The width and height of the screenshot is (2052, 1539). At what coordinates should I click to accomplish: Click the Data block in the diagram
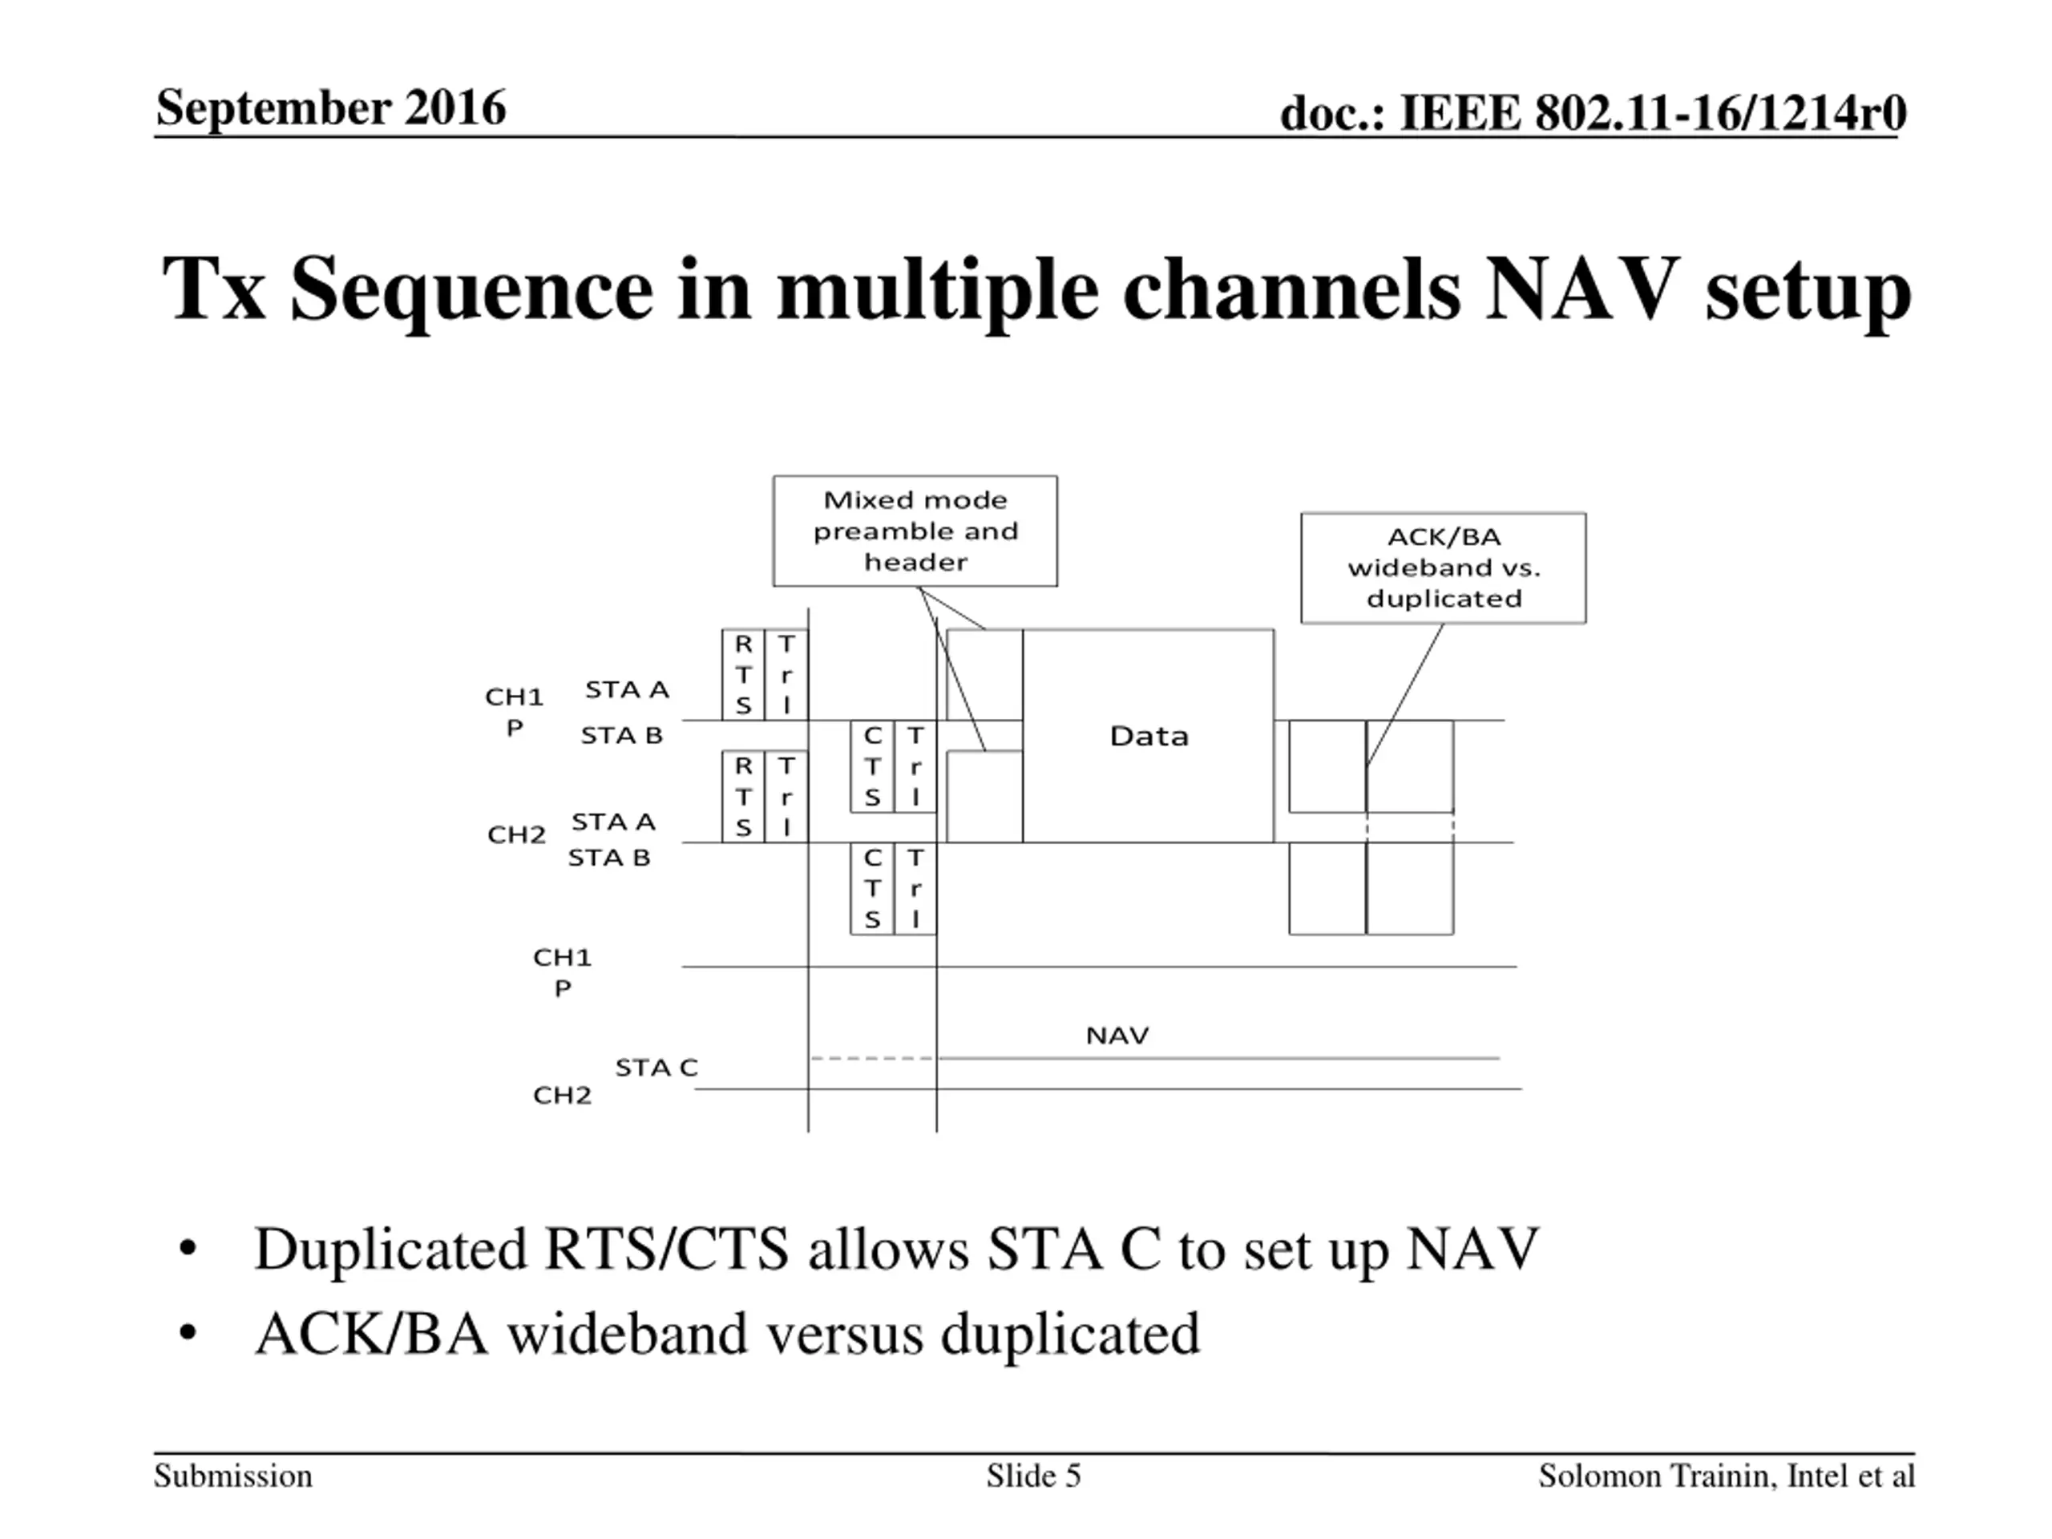[1148, 736]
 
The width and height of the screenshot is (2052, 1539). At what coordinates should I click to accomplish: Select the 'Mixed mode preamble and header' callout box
[915, 531]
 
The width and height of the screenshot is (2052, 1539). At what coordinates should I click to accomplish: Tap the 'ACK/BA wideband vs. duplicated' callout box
[1443, 568]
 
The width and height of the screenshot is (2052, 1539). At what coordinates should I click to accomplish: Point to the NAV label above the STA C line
[1117, 1036]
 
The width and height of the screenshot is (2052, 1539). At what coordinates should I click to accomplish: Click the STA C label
[656, 1068]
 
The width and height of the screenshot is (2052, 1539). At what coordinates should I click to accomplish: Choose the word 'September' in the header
[269, 107]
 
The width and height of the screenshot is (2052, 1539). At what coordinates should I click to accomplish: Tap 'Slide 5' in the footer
[1033, 1476]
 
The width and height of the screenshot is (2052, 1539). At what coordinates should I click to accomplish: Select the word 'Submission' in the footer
[232, 1476]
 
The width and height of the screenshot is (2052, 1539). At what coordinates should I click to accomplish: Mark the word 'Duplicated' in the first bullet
[390, 1250]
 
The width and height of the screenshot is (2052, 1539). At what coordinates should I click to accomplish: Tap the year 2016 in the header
[454, 107]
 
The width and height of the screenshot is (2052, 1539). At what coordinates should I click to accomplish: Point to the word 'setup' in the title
[1807, 289]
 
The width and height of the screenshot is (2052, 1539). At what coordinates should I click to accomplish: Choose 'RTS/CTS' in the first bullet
[666, 1250]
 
